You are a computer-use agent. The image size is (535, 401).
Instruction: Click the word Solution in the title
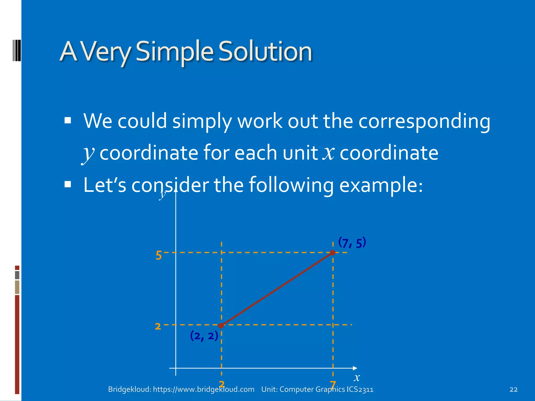coord(265,51)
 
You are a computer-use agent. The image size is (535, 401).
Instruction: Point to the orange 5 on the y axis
coord(159,255)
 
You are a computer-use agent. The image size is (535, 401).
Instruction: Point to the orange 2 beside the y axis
coord(158,326)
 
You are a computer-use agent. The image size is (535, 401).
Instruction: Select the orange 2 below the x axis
coord(222,384)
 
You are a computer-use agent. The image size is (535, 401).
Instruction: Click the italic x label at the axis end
coord(357,378)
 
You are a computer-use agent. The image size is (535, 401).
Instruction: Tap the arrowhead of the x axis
coord(355,368)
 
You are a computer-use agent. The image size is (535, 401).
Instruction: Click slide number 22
coord(513,390)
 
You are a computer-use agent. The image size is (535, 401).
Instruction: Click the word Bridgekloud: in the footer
coord(130,389)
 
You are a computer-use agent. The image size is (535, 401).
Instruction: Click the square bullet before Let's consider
coord(68,185)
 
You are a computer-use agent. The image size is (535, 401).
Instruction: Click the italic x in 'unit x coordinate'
coord(328,153)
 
